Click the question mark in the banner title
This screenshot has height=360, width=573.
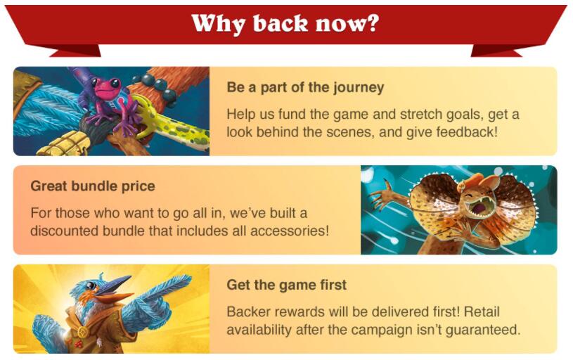371,23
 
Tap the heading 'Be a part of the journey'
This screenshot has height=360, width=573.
305,88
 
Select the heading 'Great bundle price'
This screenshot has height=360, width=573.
93,186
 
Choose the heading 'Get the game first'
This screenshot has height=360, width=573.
287,285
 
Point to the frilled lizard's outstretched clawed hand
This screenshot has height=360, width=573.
384,193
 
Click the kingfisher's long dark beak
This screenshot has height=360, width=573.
117,285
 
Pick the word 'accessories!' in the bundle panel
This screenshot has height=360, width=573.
290,231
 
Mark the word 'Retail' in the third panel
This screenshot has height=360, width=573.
482,311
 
